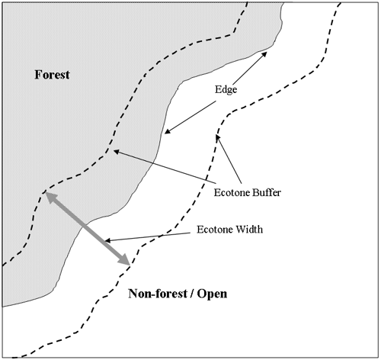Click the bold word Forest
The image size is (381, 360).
tap(52, 75)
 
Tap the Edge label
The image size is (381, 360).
tap(226, 90)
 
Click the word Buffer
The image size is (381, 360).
tap(264, 192)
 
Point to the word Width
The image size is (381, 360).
tap(249, 230)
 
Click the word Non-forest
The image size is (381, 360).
tap(158, 294)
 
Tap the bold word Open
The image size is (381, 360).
tap(212, 294)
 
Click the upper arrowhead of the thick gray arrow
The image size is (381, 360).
tap(50, 197)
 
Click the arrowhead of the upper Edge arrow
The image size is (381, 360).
tap(264, 54)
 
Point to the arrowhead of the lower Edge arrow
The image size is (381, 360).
tap(168, 131)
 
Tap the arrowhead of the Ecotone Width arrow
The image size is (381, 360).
tap(107, 240)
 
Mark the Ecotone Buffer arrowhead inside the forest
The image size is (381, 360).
tap(117, 152)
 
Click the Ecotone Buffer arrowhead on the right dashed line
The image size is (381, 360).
tap(218, 138)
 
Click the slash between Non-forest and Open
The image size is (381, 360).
tap(192, 294)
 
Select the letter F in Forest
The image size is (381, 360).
tap(38, 75)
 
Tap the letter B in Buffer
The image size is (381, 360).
tap(250, 192)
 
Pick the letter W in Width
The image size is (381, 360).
tap(240, 230)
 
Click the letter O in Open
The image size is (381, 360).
tap(202, 294)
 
